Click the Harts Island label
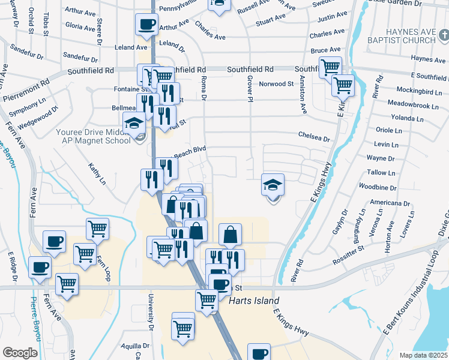254,301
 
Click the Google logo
20,353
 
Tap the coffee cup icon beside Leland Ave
146,25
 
